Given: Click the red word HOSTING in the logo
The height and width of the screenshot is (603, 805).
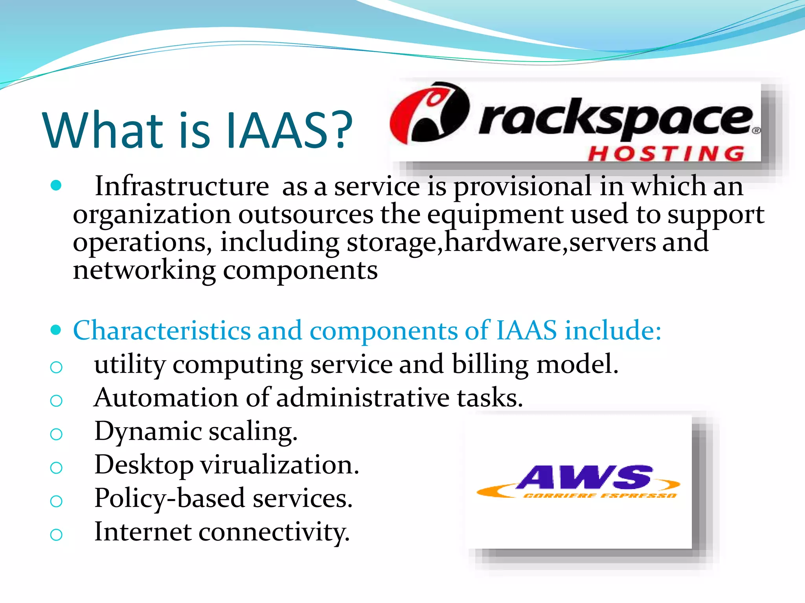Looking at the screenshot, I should (x=666, y=153).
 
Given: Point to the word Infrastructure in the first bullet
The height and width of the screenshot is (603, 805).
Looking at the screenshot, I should (x=182, y=186).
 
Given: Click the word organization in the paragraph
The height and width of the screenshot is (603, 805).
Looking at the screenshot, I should (x=152, y=215).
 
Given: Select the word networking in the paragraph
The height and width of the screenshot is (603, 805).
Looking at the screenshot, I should (x=144, y=270).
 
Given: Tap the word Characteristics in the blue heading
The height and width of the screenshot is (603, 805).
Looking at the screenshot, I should (x=162, y=330).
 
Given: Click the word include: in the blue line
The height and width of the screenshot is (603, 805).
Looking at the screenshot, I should (x=613, y=330).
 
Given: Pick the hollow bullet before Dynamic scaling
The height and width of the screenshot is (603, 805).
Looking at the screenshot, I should (x=56, y=434).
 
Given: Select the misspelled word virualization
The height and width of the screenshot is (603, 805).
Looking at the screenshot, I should (x=279, y=465).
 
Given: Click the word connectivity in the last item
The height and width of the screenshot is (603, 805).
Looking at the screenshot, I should (x=274, y=532).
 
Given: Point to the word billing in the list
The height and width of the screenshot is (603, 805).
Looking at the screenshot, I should (x=490, y=364).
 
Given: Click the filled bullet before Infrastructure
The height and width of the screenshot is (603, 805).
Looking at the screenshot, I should (x=56, y=185).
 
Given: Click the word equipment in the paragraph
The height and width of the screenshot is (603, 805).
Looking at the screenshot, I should (x=495, y=215).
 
